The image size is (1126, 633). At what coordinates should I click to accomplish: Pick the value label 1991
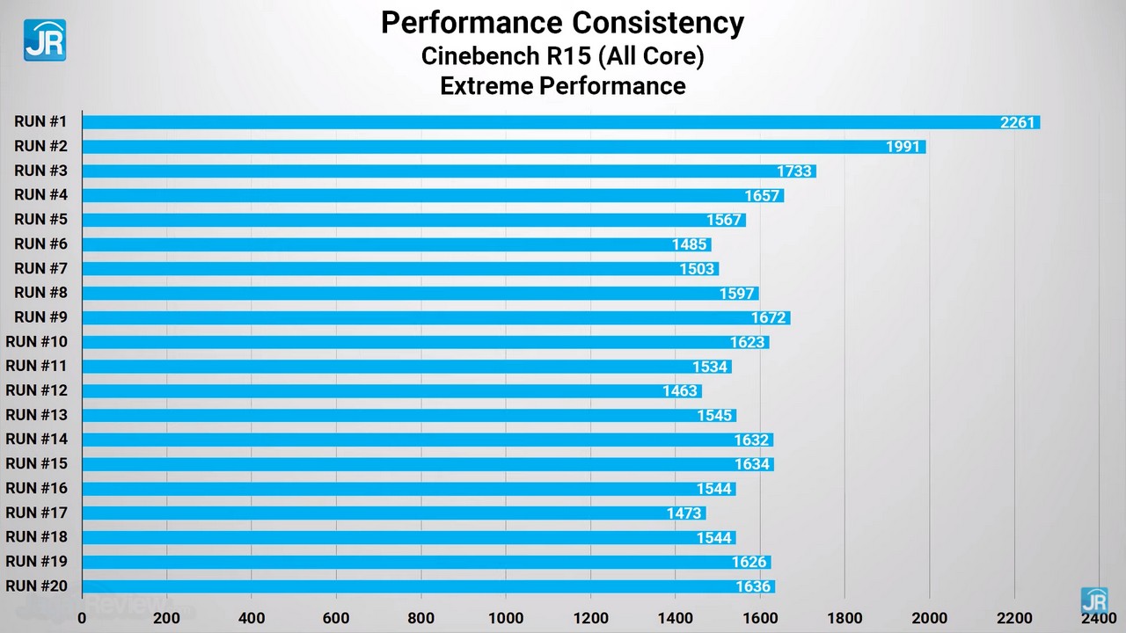(x=903, y=147)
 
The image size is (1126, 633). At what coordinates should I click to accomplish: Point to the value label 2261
(x=1018, y=122)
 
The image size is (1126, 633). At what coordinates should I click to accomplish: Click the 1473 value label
(x=684, y=513)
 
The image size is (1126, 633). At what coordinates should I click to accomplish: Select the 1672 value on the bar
(x=768, y=317)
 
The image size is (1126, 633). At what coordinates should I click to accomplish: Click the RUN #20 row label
(x=36, y=586)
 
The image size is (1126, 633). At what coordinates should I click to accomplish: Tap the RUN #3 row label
(x=40, y=171)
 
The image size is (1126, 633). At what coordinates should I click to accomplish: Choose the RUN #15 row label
(x=36, y=463)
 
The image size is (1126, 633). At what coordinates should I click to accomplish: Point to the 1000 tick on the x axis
(x=506, y=617)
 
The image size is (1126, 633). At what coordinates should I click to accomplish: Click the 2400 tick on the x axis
(x=1098, y=617)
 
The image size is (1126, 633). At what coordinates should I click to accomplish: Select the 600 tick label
(x=336, y=617)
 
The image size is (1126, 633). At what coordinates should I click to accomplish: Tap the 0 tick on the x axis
(x=83, y=617)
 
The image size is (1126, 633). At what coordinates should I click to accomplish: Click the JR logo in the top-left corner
(x=44, y=40)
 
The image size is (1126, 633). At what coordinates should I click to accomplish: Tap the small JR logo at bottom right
(x=1094, y=601)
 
